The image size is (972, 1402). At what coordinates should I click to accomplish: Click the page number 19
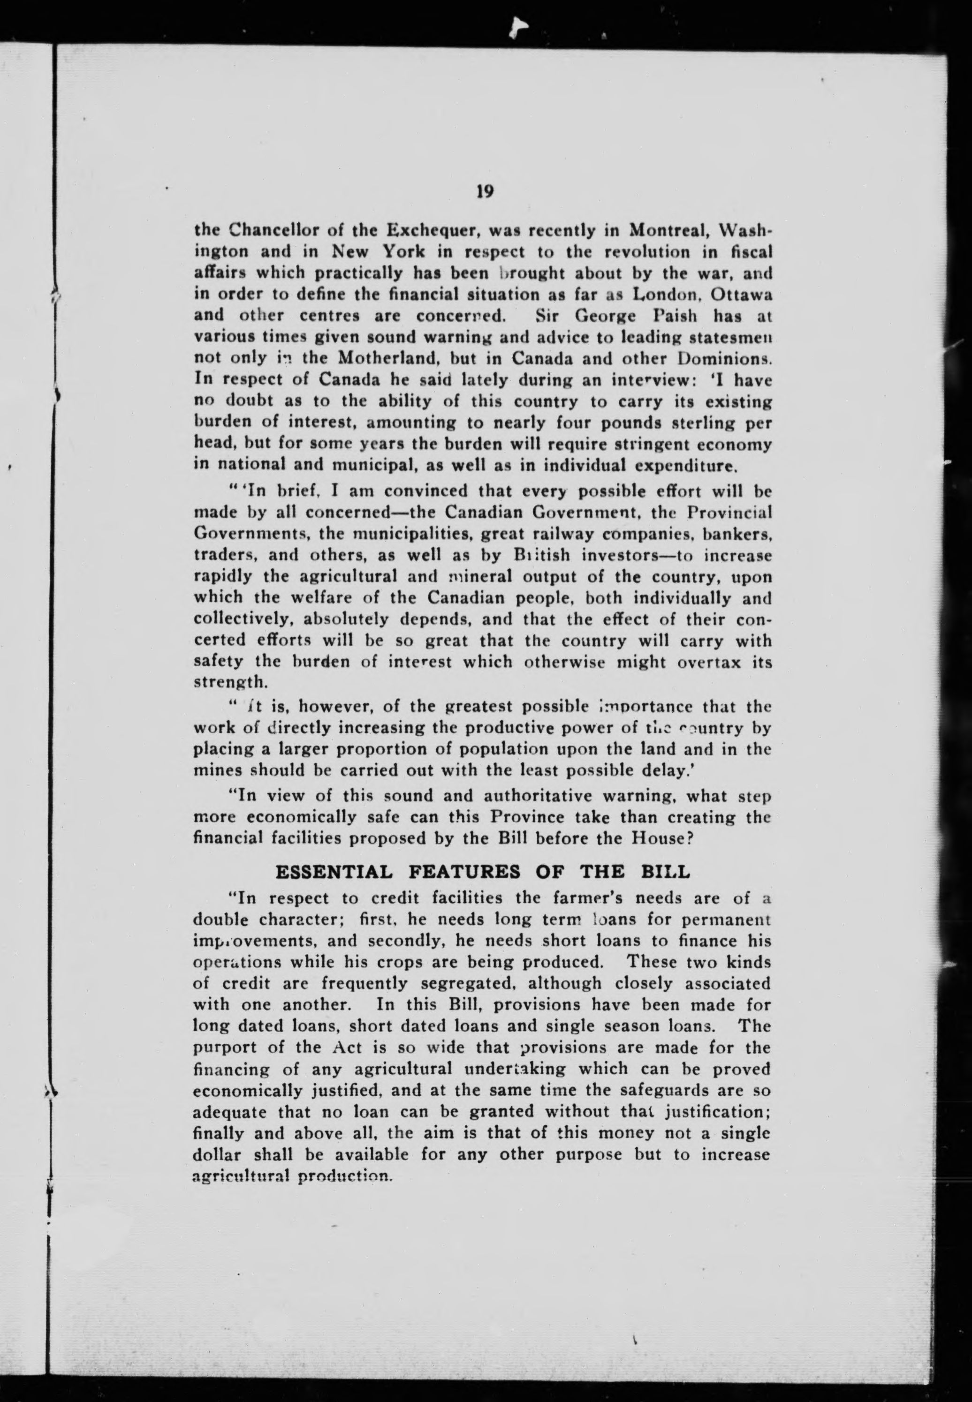tap(484, 192)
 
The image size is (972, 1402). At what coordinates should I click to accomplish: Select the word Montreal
tap(668, 231)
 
